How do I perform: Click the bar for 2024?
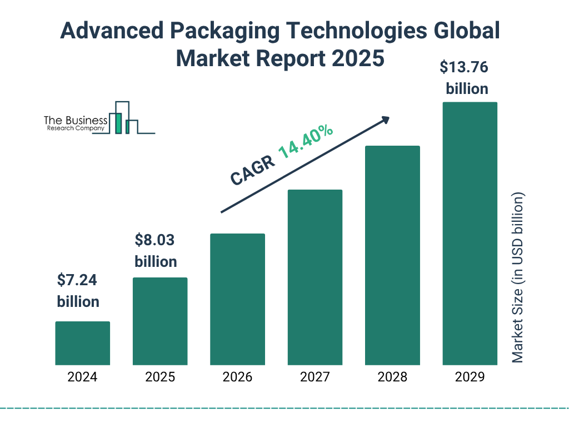pos(82,343)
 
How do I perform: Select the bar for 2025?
pos(160,321)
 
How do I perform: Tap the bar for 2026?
pos(237,299)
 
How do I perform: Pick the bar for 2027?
pos(315,277)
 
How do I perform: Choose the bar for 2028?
pos(392,255)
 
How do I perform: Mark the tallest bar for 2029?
pos(470,234)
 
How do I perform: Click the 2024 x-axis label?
pos(82,377)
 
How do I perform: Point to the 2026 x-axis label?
pos(237,377)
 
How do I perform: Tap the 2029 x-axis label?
pos(470,377)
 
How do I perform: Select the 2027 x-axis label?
pos(315,377)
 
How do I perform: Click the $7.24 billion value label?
pos(78,291)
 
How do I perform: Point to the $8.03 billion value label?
pos(156,251)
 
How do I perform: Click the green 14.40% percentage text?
pos(306,142)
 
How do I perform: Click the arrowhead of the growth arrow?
pos(385,120)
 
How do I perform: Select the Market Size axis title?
pos(518,278)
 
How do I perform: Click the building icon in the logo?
pos(123,118)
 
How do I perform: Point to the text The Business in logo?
pos(76,121)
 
